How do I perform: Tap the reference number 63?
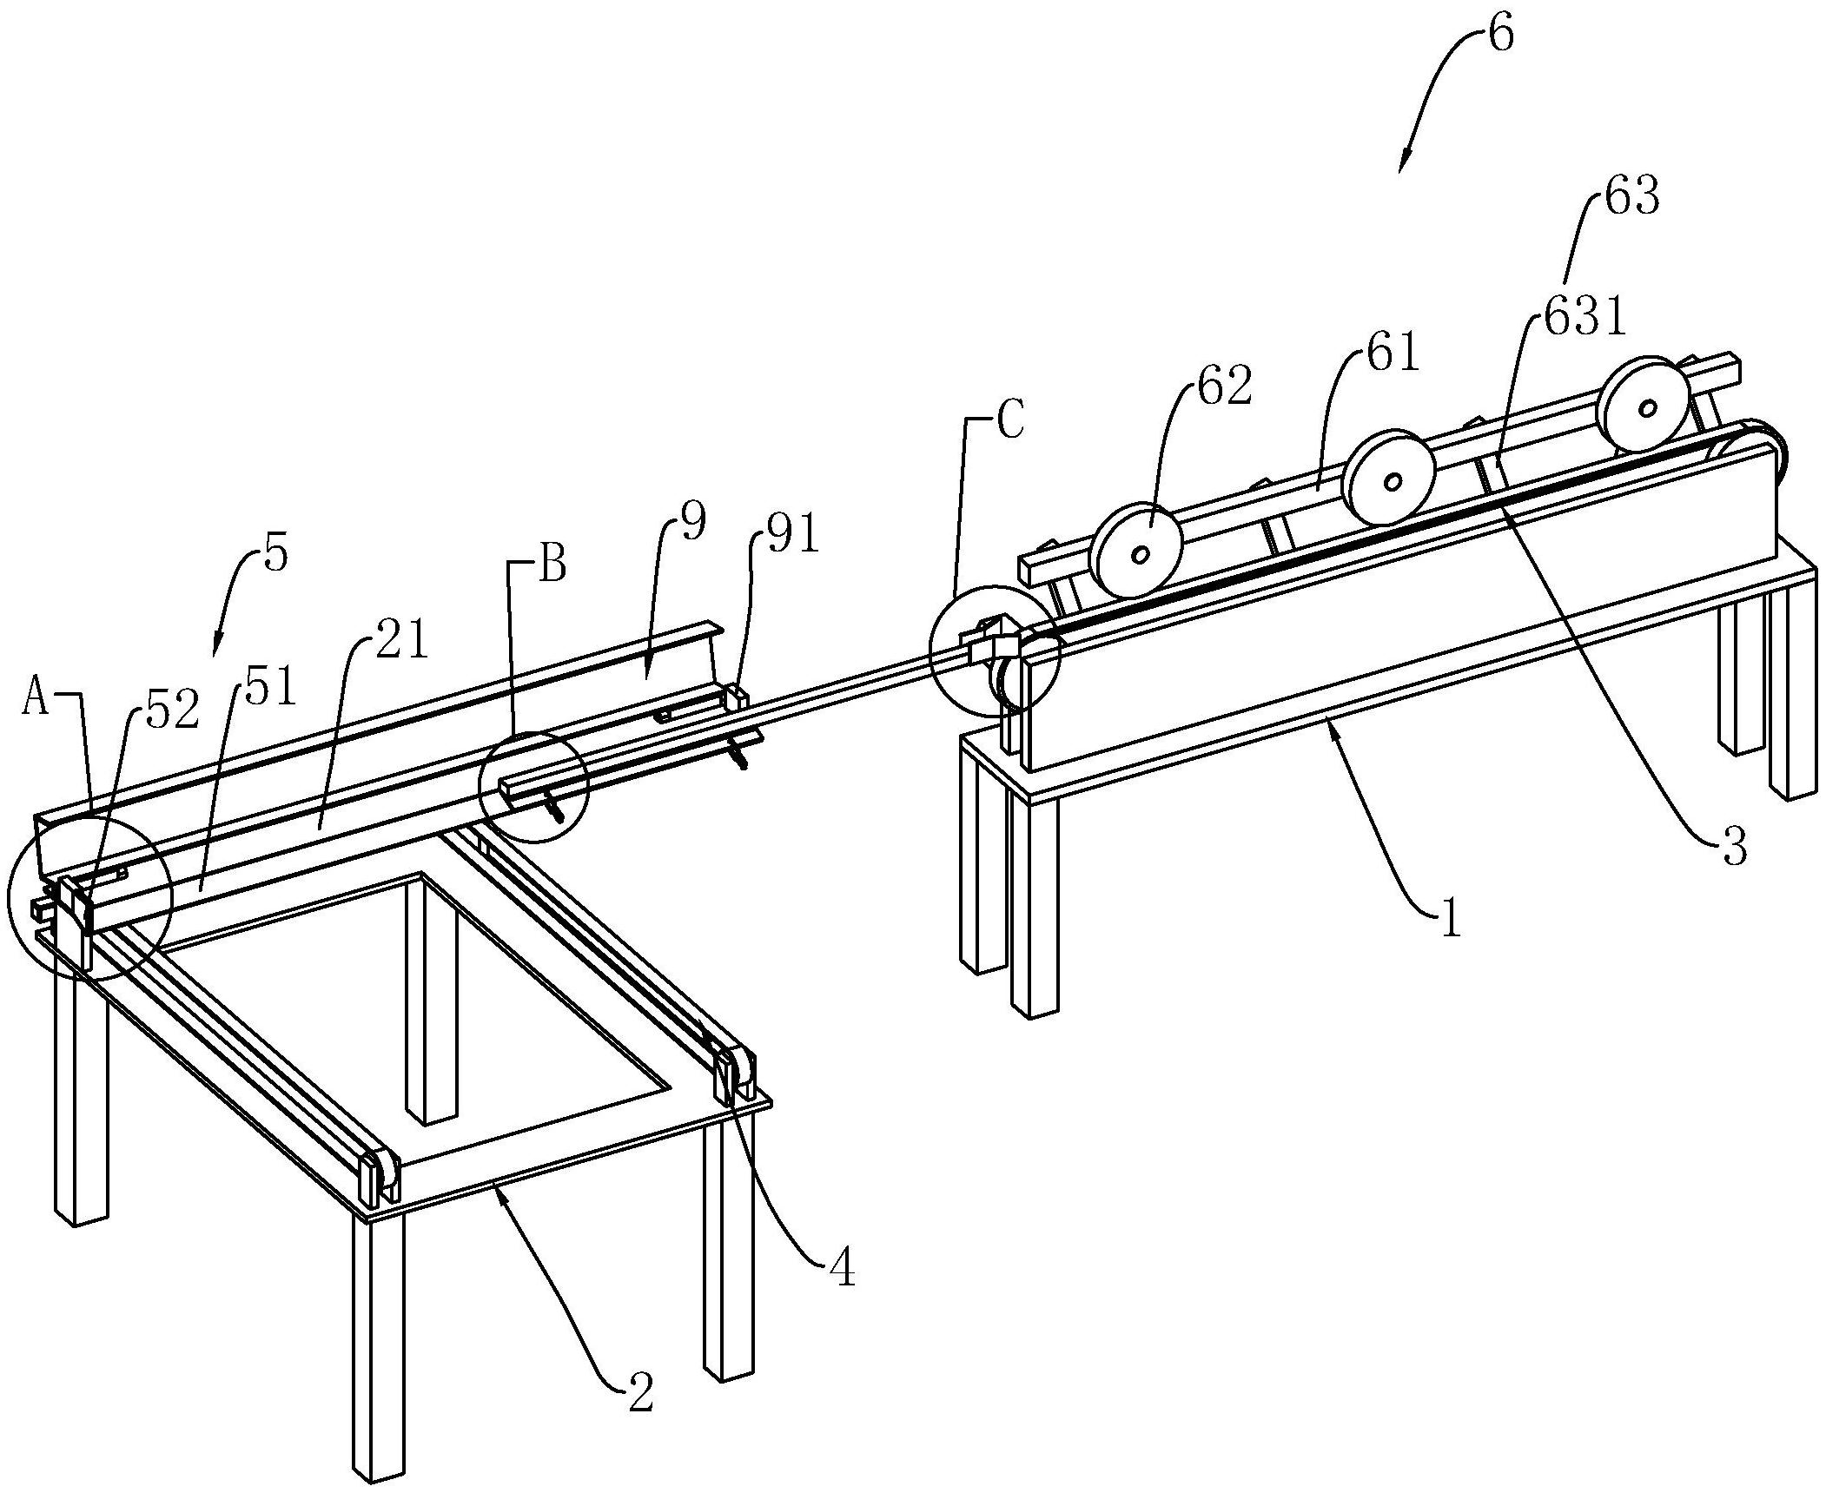[x=1631, y=196]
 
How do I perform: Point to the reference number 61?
[x=1392, y=353]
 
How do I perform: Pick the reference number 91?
[x=793, y=538]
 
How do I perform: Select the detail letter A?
[x=36, y=698]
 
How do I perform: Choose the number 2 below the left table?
[x=640, y=1392]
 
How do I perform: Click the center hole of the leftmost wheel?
[x=1141, y=553]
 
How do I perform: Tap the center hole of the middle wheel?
[x=1392, y=480]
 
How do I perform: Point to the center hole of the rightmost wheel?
[x=1645, y=406]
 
